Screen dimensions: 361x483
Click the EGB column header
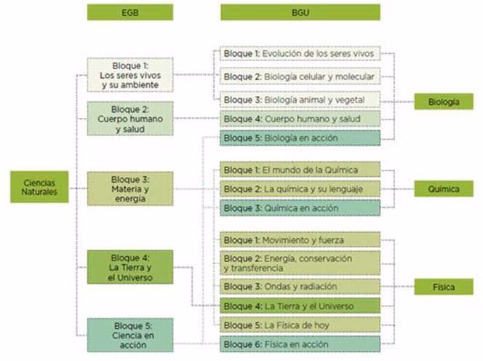129,12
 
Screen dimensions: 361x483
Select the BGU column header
300,12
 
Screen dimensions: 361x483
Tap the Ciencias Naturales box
39,187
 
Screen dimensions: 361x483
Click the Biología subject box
444,102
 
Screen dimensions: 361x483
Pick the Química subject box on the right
444,189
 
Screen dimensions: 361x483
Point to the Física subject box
444,287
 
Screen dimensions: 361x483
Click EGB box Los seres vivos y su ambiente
129,75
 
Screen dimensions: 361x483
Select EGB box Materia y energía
129,189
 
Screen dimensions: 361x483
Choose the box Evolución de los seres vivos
300,55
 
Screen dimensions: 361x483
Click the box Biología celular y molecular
300,76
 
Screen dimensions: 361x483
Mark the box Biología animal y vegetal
300,98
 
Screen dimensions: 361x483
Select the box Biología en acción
300,138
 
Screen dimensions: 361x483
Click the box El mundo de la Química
300,170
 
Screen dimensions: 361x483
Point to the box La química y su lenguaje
300,189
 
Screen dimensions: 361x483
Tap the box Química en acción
300,208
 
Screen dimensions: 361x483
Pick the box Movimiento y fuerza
300,239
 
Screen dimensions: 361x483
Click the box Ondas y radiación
300,287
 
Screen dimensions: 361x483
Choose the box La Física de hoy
300,324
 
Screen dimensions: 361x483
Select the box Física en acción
300,344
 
